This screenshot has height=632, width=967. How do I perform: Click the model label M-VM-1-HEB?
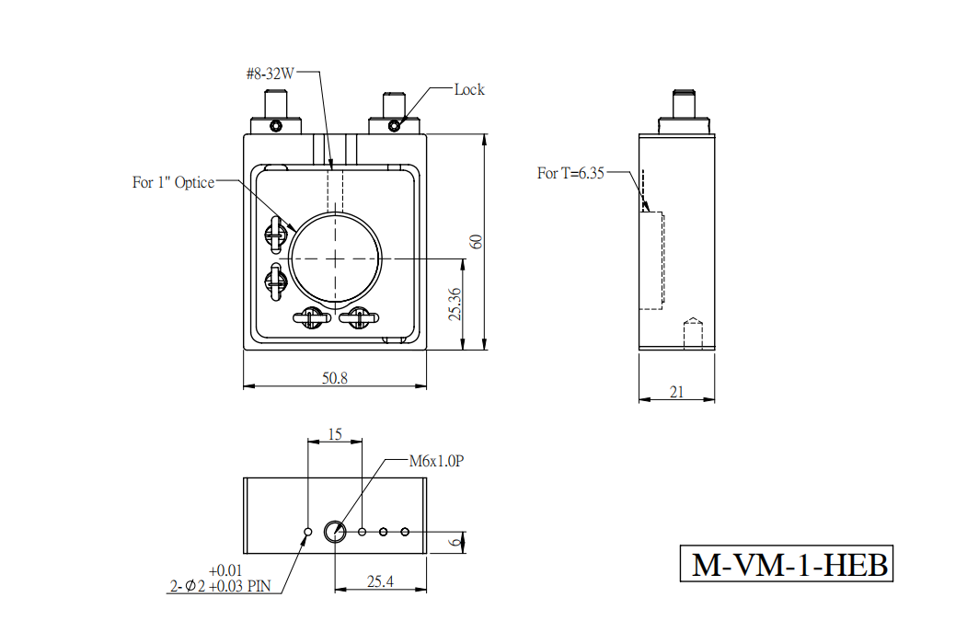pyautogui.click(x=787, y=564)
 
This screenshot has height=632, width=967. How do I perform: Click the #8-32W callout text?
pyautogui.click(x=271, y=74)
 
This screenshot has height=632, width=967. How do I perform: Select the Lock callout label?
pyautogui.click(x=469, y=90)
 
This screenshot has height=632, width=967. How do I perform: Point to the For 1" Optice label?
pyautogui.click(x=173, y=182)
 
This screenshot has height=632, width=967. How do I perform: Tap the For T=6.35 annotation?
pyautogui.click(x=570, y=173)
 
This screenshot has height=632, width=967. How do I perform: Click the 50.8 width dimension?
pyautogui.click(x=335, y=378)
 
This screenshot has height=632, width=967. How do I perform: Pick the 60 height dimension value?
pyautogui.click(x=476, y=242)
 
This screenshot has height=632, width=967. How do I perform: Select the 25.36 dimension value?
pyautogui.click(x=455, y=304)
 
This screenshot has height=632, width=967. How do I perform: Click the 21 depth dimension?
pyautogui.click(x=676, y=392)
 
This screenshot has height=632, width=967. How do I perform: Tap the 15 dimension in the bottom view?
pyautogui.click(x=335, y=435)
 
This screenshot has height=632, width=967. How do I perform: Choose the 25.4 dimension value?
pyautogui.click(x=381, y=581)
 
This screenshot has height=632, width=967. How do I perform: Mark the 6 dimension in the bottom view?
pyautogui.click(x=455, y=543)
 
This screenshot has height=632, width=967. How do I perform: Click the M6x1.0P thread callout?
pyautogui.click(x=437, y=461)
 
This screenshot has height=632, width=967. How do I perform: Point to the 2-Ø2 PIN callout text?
pyautogui.click(x=220, y=579)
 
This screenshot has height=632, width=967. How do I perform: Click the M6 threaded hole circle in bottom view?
pyautogui.click(x=335, y=532)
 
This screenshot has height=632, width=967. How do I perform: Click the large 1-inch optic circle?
pyautogui.click(x=335, y=259)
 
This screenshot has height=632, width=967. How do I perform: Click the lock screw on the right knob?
pyautogui.click(x=395, y=126)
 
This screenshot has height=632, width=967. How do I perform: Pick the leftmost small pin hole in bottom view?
pyautogui.click(x=308, y=532)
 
